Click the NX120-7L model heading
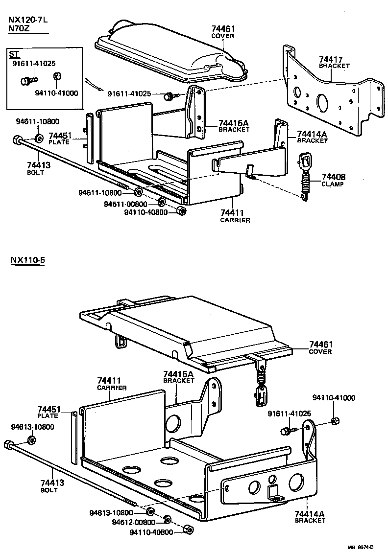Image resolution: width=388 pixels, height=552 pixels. click(28, 20)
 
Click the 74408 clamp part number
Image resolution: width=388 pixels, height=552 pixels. click(334, 177)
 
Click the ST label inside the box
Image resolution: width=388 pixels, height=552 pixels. click(14, 53)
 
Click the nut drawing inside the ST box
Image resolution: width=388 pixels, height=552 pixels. click(56, 76)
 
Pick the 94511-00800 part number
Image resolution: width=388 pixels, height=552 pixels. click(125, 204)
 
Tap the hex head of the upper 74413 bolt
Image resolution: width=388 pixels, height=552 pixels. click(17, 139)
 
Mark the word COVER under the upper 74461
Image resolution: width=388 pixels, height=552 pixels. click(222, 36)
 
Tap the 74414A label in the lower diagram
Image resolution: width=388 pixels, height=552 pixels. click(310, 513)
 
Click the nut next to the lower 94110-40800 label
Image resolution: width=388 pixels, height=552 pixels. click(187, 530)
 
